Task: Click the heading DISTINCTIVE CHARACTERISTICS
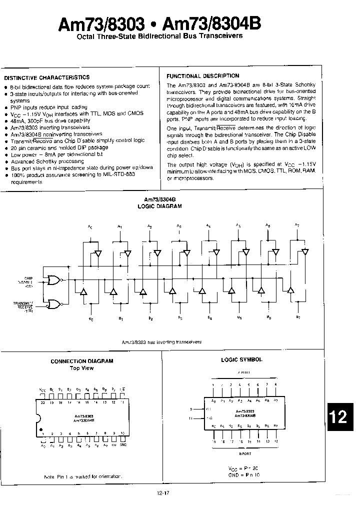tap(47, 77)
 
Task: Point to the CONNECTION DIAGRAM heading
tap(82, 361)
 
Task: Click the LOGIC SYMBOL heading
tap(241, 359)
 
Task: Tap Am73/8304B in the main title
tap(215, 23)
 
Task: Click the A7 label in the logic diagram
tap(297, 225)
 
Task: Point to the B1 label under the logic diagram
tap(120, 318)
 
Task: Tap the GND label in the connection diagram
tap(122, 445)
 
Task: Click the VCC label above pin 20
tap(42, 388)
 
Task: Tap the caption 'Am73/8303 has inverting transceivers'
tap(162, 342)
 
